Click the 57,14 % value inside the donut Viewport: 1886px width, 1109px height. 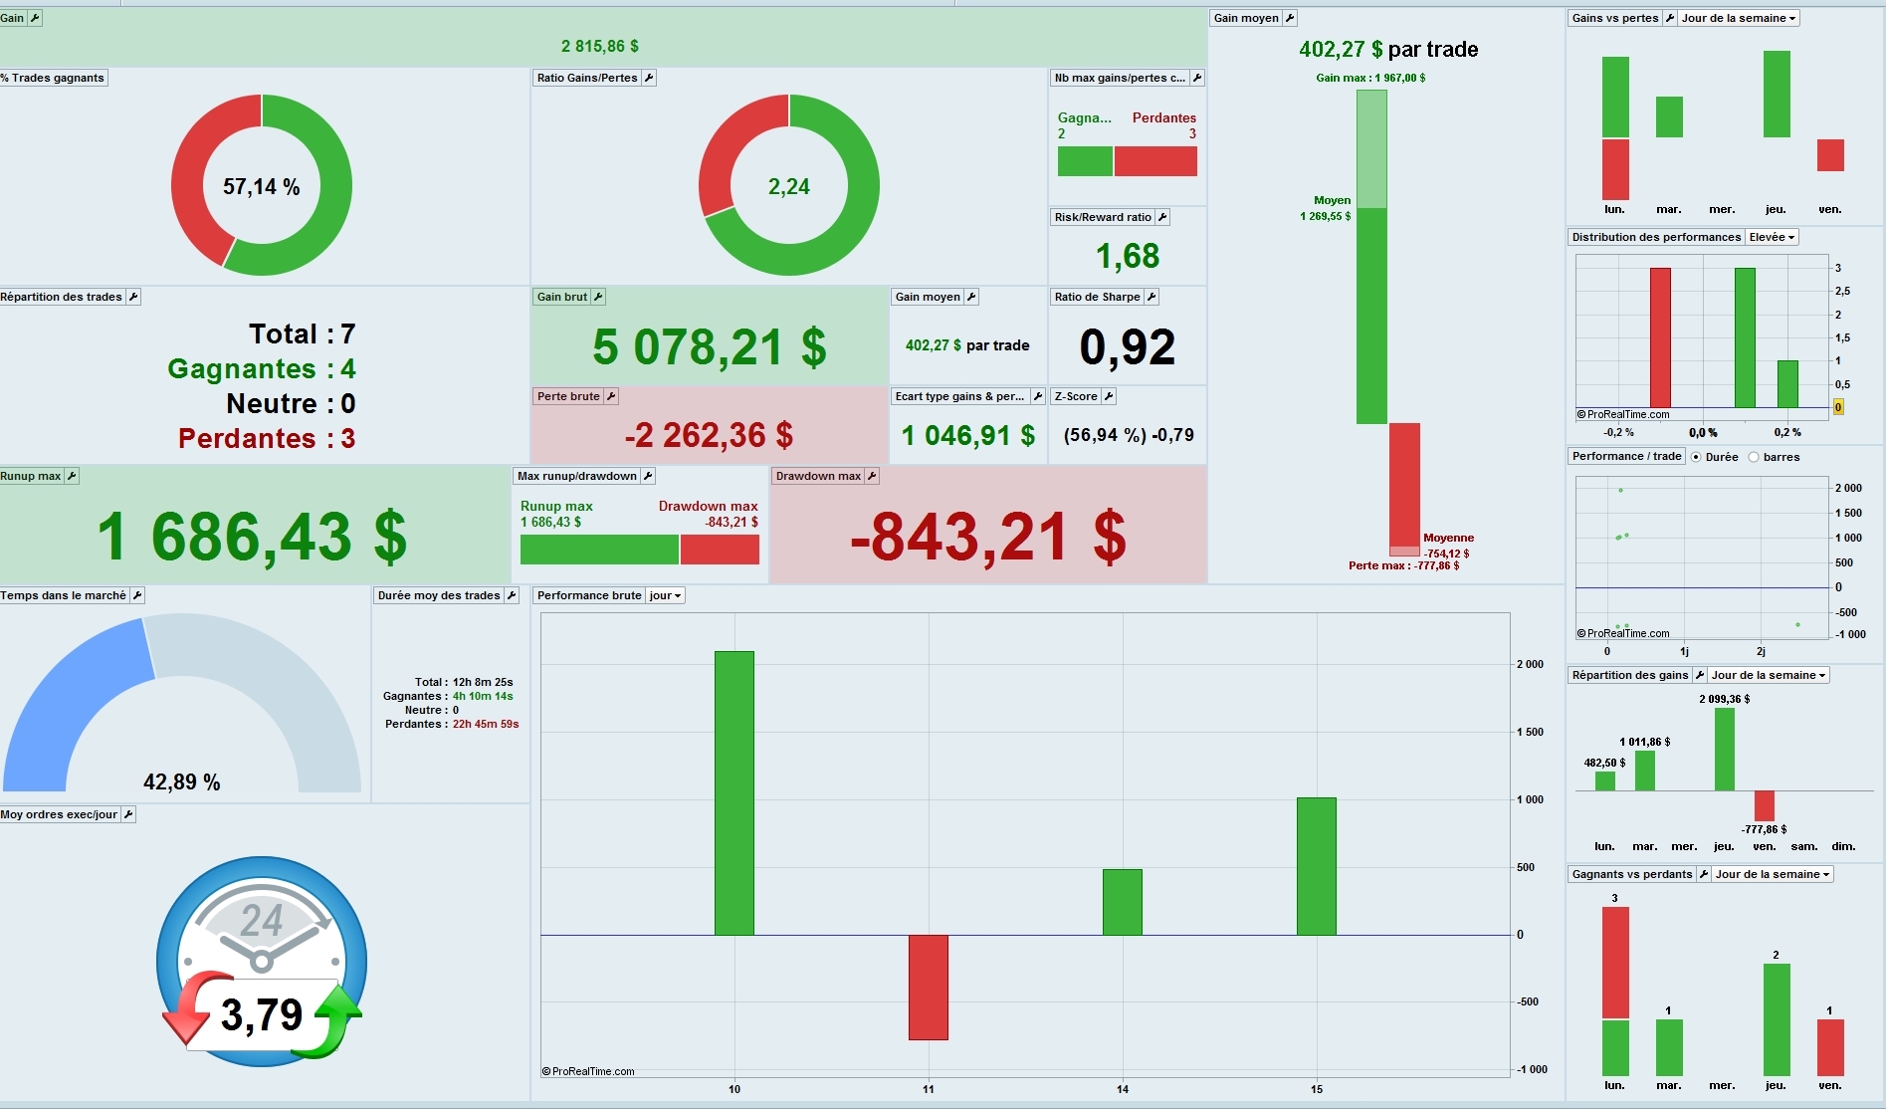261,187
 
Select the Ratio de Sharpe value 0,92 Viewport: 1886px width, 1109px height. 1127,347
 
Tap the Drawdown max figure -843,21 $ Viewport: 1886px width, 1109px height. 987,538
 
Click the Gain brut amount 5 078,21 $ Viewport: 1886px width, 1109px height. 709,347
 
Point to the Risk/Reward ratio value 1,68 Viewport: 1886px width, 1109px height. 1127,257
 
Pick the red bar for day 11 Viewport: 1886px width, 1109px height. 928,987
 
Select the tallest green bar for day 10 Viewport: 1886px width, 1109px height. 733,792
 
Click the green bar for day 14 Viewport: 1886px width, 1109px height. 1122,902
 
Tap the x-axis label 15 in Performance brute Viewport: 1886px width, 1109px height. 1316,1089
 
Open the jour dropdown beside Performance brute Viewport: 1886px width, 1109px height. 665,595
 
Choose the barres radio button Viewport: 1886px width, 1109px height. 1754,457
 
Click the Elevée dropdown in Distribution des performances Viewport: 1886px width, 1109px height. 1771,237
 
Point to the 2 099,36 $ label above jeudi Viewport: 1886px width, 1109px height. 1724,699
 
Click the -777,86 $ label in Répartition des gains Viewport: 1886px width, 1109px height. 1764,829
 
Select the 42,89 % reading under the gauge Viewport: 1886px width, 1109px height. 182,782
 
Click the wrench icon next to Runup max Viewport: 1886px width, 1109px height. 72,476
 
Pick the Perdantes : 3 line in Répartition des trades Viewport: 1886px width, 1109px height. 266,439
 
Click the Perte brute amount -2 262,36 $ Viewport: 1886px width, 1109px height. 709,435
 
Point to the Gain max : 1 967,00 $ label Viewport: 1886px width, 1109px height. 1370,78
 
